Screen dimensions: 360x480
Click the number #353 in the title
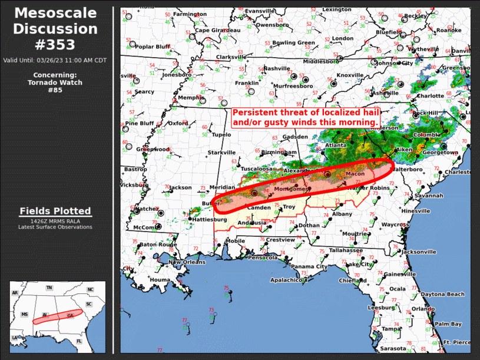tap(55, 44)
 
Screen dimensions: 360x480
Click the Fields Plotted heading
tap(55, 211)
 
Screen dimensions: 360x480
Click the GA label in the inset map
tap(70, 316)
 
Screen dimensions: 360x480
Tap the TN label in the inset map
tap(49, 288)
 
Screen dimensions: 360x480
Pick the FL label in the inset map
tap(79, 341)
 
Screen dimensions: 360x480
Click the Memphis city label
tap(190, 97)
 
